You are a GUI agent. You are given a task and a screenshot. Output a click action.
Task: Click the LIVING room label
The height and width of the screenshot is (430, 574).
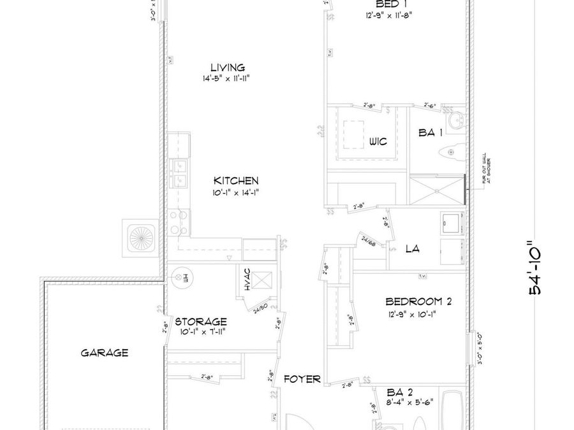pyautogui.click(x=228, y=68)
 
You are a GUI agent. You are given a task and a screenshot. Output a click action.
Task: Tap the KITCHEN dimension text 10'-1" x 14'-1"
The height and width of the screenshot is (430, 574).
pyautogui.click(x=236, y=192)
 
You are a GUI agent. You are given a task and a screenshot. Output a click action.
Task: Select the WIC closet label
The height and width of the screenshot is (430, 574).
pyautogui.click(x=378, y=142)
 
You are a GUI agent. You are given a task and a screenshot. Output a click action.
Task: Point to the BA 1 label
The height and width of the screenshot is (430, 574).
pyautogui.click(x=430, y=133)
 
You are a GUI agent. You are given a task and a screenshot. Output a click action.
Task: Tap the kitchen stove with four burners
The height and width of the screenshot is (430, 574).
pyautogui.click(x=179, y=222)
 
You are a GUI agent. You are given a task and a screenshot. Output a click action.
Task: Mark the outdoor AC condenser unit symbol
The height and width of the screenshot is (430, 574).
pyautogui.click(x=140, y=238)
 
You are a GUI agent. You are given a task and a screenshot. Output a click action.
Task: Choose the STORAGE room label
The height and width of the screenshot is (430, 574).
pyautogui.click(x=201, y=322)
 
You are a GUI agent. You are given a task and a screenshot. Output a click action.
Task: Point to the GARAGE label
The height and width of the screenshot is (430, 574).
pyautogui.click(x=105, y=352)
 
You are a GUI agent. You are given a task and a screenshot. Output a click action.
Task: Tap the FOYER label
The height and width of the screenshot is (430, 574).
pyautogui.click(x=302, y=379)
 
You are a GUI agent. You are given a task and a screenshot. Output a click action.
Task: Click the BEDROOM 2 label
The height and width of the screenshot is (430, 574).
pyautogui.click(x=418, y=302)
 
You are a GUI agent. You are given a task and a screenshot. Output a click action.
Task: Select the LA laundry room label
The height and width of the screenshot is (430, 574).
pyautogui.click(x=413, y=248)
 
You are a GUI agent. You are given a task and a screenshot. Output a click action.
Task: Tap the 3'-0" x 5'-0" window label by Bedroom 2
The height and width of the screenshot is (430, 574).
pyautogui.click(x=481, y=349)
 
